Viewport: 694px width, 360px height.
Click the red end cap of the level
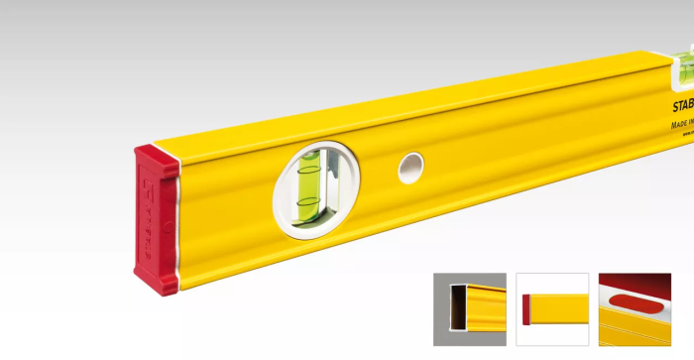tap(157, 219)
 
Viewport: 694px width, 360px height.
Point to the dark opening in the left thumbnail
tap(458, 306)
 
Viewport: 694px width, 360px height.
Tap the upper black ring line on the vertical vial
tap(309, 163)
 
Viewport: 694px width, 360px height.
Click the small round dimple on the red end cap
tap(169, 229)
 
